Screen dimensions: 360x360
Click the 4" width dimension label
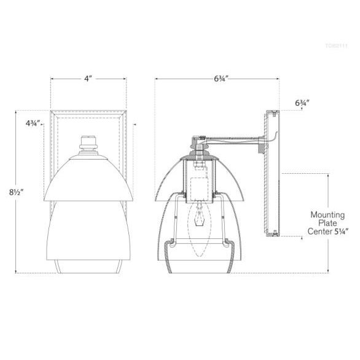coord(88,79)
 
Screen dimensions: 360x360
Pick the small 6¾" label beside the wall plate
coord(301,104)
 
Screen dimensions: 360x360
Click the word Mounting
coord(327,215)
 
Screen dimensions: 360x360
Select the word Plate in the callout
coord(327,224)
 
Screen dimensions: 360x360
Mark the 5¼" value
coord(341,232)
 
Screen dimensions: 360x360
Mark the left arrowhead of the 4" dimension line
coord(52,79)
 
